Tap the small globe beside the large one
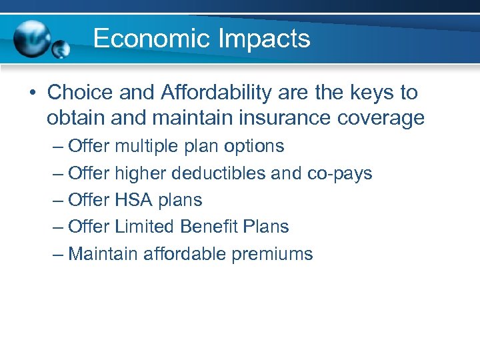[61, 49]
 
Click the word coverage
[381, 118]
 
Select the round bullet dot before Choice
[32, 92]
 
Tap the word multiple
[147, 146]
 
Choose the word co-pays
[339, 173]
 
